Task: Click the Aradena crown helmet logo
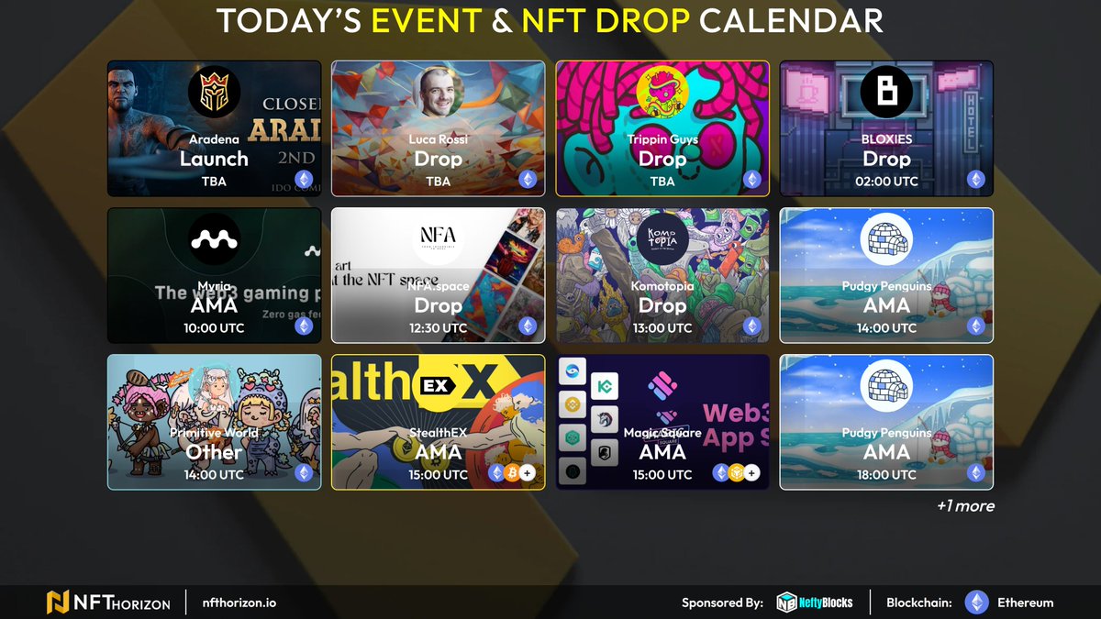tap(214, 93)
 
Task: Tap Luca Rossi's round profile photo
tap(439, 93)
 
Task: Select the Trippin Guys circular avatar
tap(662, 93)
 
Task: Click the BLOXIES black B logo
tap(886, 93)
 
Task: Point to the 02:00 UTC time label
tap(886, 182)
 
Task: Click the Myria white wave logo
tap(214, 239)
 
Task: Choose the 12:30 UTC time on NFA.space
tap(439, 328)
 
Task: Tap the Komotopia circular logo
tap(662, 239)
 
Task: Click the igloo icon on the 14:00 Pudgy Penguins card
tap(886, 239)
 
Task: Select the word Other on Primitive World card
tap(214, 452)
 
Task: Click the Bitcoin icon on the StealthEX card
tap(512, 473)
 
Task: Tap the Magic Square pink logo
tap(662, 386)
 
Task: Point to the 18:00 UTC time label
tap(886, 475)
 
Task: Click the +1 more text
tap(965, 506)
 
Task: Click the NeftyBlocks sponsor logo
tap(815, 602)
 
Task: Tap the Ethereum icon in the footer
tap(977, 602)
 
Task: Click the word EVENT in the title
tap(427, 20)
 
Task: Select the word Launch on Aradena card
tap(214, 159)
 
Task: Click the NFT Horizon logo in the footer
tap(108, 602)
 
